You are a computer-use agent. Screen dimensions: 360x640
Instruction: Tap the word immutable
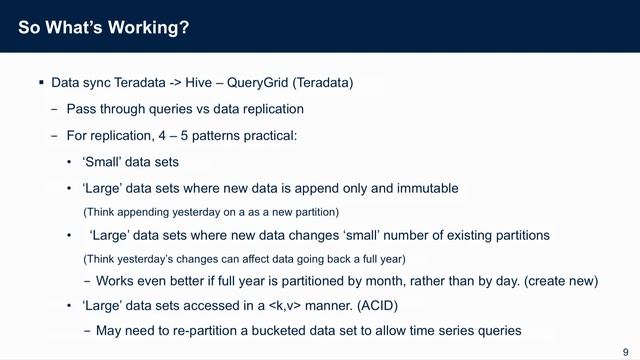421,187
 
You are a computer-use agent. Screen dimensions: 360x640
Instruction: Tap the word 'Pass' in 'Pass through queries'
82,109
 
